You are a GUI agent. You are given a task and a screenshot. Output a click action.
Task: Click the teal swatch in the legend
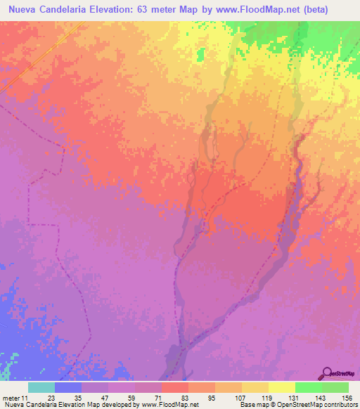[41, 387]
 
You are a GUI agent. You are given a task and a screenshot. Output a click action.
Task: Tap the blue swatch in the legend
[68, 387]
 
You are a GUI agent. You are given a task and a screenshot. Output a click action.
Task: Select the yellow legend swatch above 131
[281, 387]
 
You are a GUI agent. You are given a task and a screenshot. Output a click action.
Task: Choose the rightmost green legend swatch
[335, 387]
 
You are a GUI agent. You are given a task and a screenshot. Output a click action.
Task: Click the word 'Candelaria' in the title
[70, 9]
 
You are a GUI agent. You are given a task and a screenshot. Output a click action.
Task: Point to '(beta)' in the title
[335, 9]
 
